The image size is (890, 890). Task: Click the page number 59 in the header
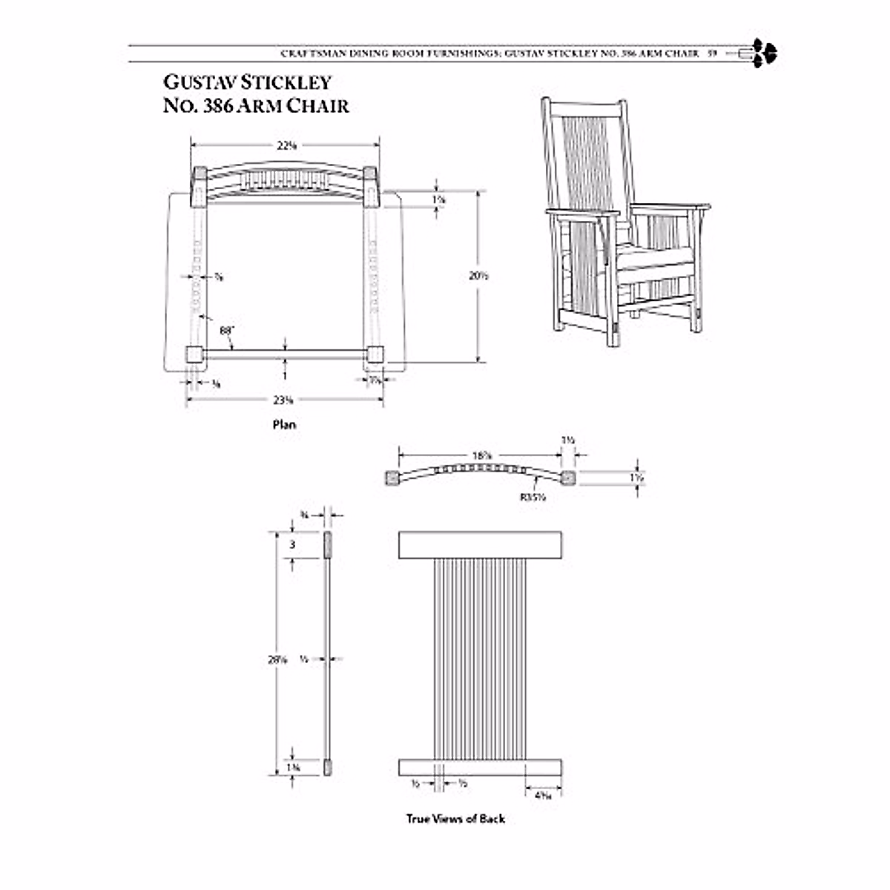pos(711,53)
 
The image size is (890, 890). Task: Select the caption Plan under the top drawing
pos(283,425)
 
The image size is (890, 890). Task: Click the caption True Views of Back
pos(455,819)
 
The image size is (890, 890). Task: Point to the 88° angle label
pos(226,330)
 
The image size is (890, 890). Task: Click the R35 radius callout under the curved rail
pos(533,498)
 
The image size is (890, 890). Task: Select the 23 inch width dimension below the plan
pos(283,400)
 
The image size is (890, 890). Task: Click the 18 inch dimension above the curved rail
pos(482,455)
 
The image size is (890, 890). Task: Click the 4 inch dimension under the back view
pos(543,795)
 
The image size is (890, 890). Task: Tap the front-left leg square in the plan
pos(194,355)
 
